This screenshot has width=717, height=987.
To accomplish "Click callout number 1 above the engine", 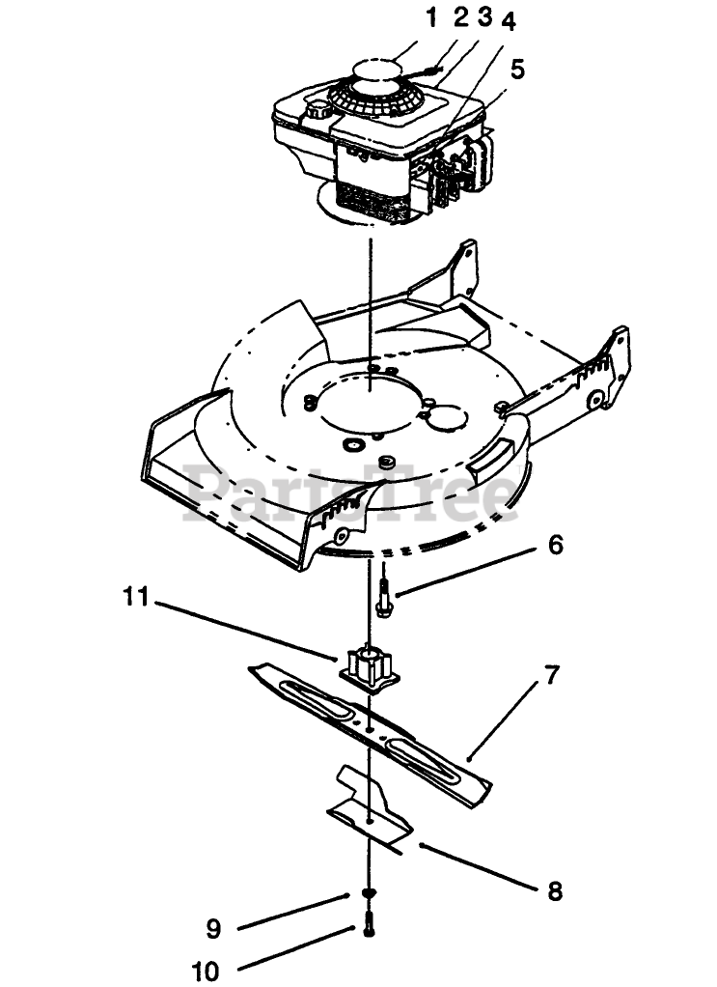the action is (x=432, y=16).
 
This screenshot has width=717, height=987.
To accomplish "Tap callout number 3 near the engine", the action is (x=484, y=16).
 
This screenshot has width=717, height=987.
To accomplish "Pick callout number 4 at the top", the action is (x=509, y=22).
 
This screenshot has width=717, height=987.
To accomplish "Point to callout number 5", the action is (x=518, y=69).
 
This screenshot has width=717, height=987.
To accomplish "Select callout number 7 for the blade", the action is (x=552, y=675).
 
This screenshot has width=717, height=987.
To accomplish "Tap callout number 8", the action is (x=555, y=889).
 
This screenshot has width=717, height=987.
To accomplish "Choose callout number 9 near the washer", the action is (x=213, y=929).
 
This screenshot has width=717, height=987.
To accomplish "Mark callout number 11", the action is (x=136, y=597).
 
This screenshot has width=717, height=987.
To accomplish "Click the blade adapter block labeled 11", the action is (x=368, y=667).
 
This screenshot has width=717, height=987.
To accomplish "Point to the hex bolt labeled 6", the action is (x=383, y=598).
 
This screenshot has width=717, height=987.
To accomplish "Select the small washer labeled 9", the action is (x=369, y=894).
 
